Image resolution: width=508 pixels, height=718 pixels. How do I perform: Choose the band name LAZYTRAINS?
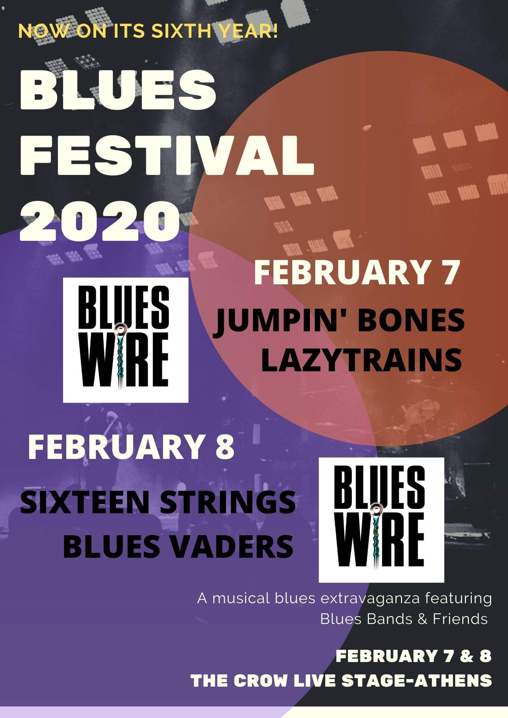(x=361, y=360)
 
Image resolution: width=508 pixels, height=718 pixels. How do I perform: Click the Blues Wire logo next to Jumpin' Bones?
(x=125, y=340)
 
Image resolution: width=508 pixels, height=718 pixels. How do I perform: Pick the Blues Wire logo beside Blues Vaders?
(x=381, y=520)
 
